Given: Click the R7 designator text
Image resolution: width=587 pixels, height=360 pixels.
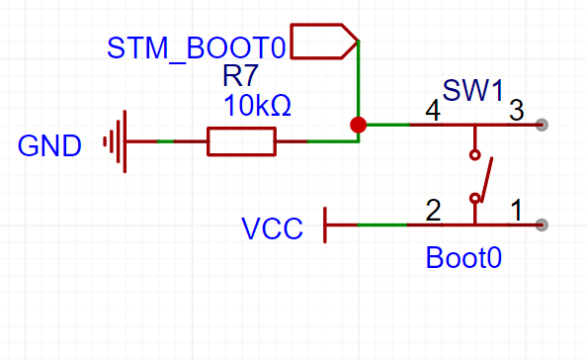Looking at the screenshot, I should pyautogui.click(x=241, y=77).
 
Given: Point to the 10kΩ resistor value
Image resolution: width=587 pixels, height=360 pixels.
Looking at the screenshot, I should pyautogui.click(x=257, y=106).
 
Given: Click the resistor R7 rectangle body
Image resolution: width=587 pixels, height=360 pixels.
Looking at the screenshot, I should pyautogui.click(x=241, y=141).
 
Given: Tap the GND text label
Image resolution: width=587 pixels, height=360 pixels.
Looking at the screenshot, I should pyautogui.click(x=49, y=146).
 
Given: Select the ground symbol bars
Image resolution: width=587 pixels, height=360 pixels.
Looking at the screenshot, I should pyautogui.click(x=118, y=142).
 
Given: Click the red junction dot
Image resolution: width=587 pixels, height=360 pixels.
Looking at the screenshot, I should pyautogui.click(x=359, y=125).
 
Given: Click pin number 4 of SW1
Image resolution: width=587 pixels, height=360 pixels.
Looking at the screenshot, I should pyautogui.click(x=433, y=111).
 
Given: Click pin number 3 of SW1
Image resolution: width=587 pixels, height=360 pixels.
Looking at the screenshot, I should pyautogui.click(x=516, y=111).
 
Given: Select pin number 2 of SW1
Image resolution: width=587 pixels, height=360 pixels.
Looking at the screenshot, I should pyautogui.click(x=433, y=210).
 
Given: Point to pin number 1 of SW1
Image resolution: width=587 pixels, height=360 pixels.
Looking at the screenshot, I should pyautogui.click(x=516, y=210).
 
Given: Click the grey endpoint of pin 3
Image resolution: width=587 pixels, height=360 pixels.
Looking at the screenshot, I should pyautogui.click(x=542, y=125).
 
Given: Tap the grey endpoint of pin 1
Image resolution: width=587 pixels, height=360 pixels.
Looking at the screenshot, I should pyautogui.click(x=542, y=225).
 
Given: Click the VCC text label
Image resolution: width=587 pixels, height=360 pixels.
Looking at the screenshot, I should pyautogui.click(x=273, y=228).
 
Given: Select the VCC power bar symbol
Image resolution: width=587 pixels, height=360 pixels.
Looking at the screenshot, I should pyautogui.click(x=326, y=225).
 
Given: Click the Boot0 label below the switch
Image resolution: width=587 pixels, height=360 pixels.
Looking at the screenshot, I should pyautogui.click(x=463, y=258).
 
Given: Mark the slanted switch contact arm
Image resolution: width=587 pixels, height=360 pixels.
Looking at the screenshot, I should pyautogui.click(x=483, y=179).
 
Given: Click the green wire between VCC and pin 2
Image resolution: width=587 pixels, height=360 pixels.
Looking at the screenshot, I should pyautogui.click(x=380, y=225).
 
